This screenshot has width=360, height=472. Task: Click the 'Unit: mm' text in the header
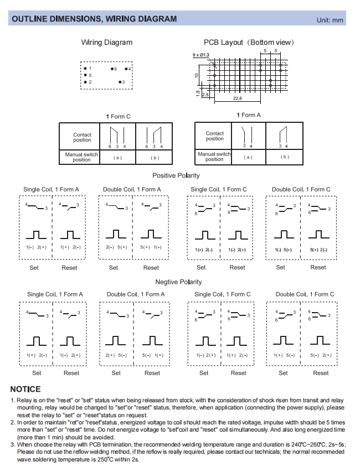click(330, 20)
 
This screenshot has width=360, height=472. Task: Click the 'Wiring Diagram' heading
click(107, 42)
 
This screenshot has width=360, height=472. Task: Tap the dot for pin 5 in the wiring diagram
click(84, 75)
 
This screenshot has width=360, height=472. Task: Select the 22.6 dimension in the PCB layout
click(236, 98)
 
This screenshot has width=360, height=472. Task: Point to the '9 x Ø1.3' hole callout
click(200, 55)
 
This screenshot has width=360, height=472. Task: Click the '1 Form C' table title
click(118, 116)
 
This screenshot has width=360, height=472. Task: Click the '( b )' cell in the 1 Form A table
click(284, 157)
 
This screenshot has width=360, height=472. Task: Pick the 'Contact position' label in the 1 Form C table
click(82, 137)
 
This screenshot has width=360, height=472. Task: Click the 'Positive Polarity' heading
click(176, 175)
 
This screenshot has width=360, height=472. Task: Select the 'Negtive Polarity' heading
click(178, 282)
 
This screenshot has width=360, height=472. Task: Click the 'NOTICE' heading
click(25, 389)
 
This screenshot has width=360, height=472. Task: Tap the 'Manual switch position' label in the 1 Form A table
click(214, 157)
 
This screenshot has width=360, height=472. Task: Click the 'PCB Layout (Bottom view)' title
click(249, 42)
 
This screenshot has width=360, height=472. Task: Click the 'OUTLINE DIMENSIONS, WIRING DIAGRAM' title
click(94, 19)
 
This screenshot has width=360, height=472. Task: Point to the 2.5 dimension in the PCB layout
click(205, 95)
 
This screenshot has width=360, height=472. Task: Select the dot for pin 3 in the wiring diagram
click(120, 82)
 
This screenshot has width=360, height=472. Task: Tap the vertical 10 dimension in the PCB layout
click(196, 75)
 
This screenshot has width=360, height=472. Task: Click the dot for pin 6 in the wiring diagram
click(112, 69)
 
